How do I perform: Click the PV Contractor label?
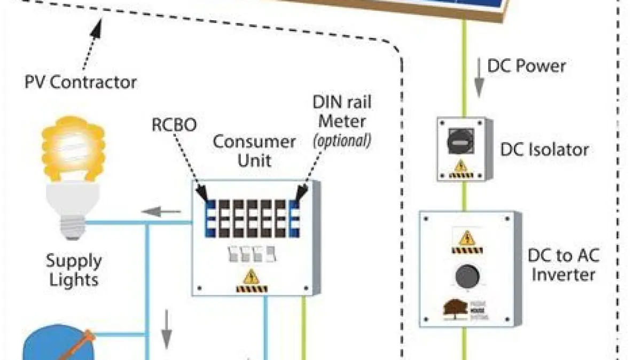pos(81,82)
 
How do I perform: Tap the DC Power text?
pos(526,66)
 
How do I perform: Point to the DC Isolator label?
pos(544,149)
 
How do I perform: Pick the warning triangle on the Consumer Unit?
pos(251,277)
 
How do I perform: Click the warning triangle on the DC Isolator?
pos(460,166)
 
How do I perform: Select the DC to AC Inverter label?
pos(564,265)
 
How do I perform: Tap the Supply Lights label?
pos(73,270)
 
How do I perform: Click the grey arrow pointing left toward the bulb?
pos(161,213)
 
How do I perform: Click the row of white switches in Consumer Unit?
pos(252,254)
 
